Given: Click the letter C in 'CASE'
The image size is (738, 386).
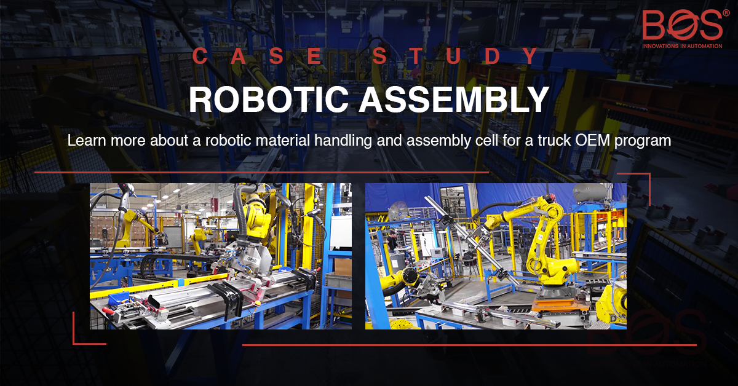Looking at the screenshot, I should pyautogui.click(x=199, y=57).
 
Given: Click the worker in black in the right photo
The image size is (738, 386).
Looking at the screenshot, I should pyautogui.click(x=392, y=241).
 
